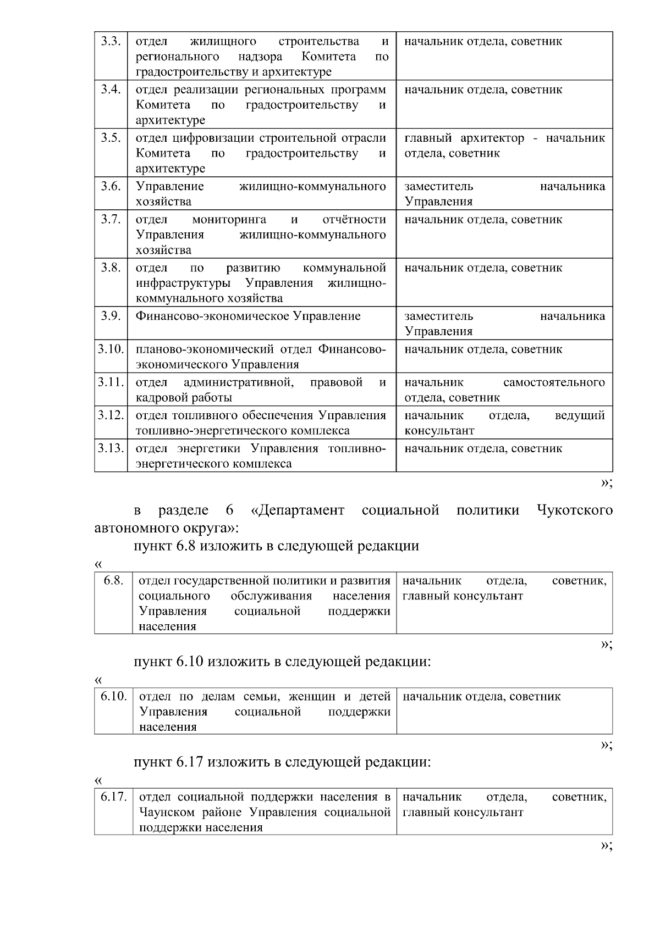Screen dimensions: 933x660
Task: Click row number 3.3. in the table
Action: [111, 42]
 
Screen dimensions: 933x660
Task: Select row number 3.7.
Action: [111, 220]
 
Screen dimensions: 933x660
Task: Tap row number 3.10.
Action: [111, 349]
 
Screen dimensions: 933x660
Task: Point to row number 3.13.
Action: [111, 448]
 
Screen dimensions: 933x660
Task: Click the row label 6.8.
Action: [113, 581]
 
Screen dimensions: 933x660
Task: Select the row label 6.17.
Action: [113, 797]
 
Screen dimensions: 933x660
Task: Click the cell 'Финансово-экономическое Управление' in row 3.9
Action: [248, 316]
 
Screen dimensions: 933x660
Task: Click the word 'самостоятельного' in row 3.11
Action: [554, 382]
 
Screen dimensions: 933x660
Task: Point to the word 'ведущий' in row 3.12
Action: [580, 415]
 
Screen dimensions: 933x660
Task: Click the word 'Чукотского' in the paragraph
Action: [574, 510]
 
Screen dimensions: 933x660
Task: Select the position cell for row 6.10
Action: [504, 711]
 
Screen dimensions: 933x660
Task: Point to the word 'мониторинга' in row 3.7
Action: [229, 220]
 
